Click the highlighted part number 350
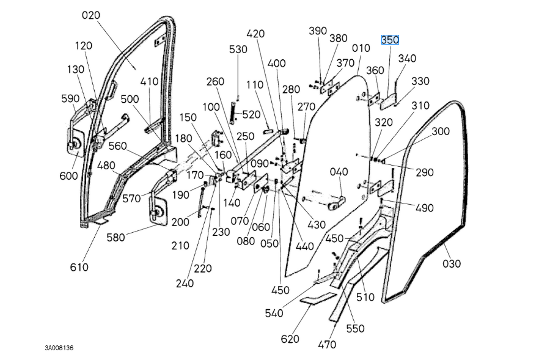point(390,40)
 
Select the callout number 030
point(452,263)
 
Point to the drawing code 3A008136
point(59,348)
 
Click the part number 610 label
point(79,267)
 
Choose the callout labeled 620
point(290,339)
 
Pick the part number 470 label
point(327,344)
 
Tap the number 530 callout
point(238,49)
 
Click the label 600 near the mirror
point(69,176)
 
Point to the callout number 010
point(361,48)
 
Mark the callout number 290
point(424,173)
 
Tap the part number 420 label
point(255,34)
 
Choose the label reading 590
point(70,98)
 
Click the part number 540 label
point(274,313)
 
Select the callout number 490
point(424,208)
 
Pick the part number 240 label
point(185,283)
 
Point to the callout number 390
point(318,31)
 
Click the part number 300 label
point(440,131)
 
